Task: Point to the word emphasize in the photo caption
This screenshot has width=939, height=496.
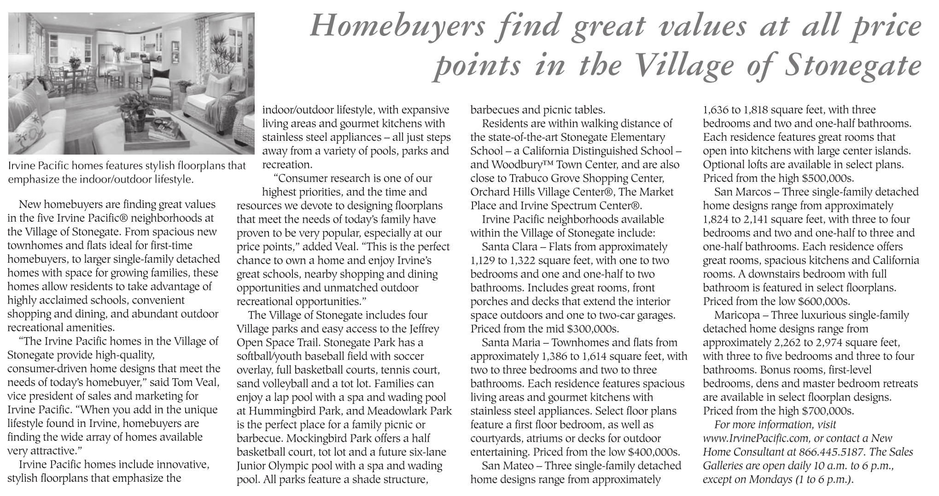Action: [34, 179]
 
